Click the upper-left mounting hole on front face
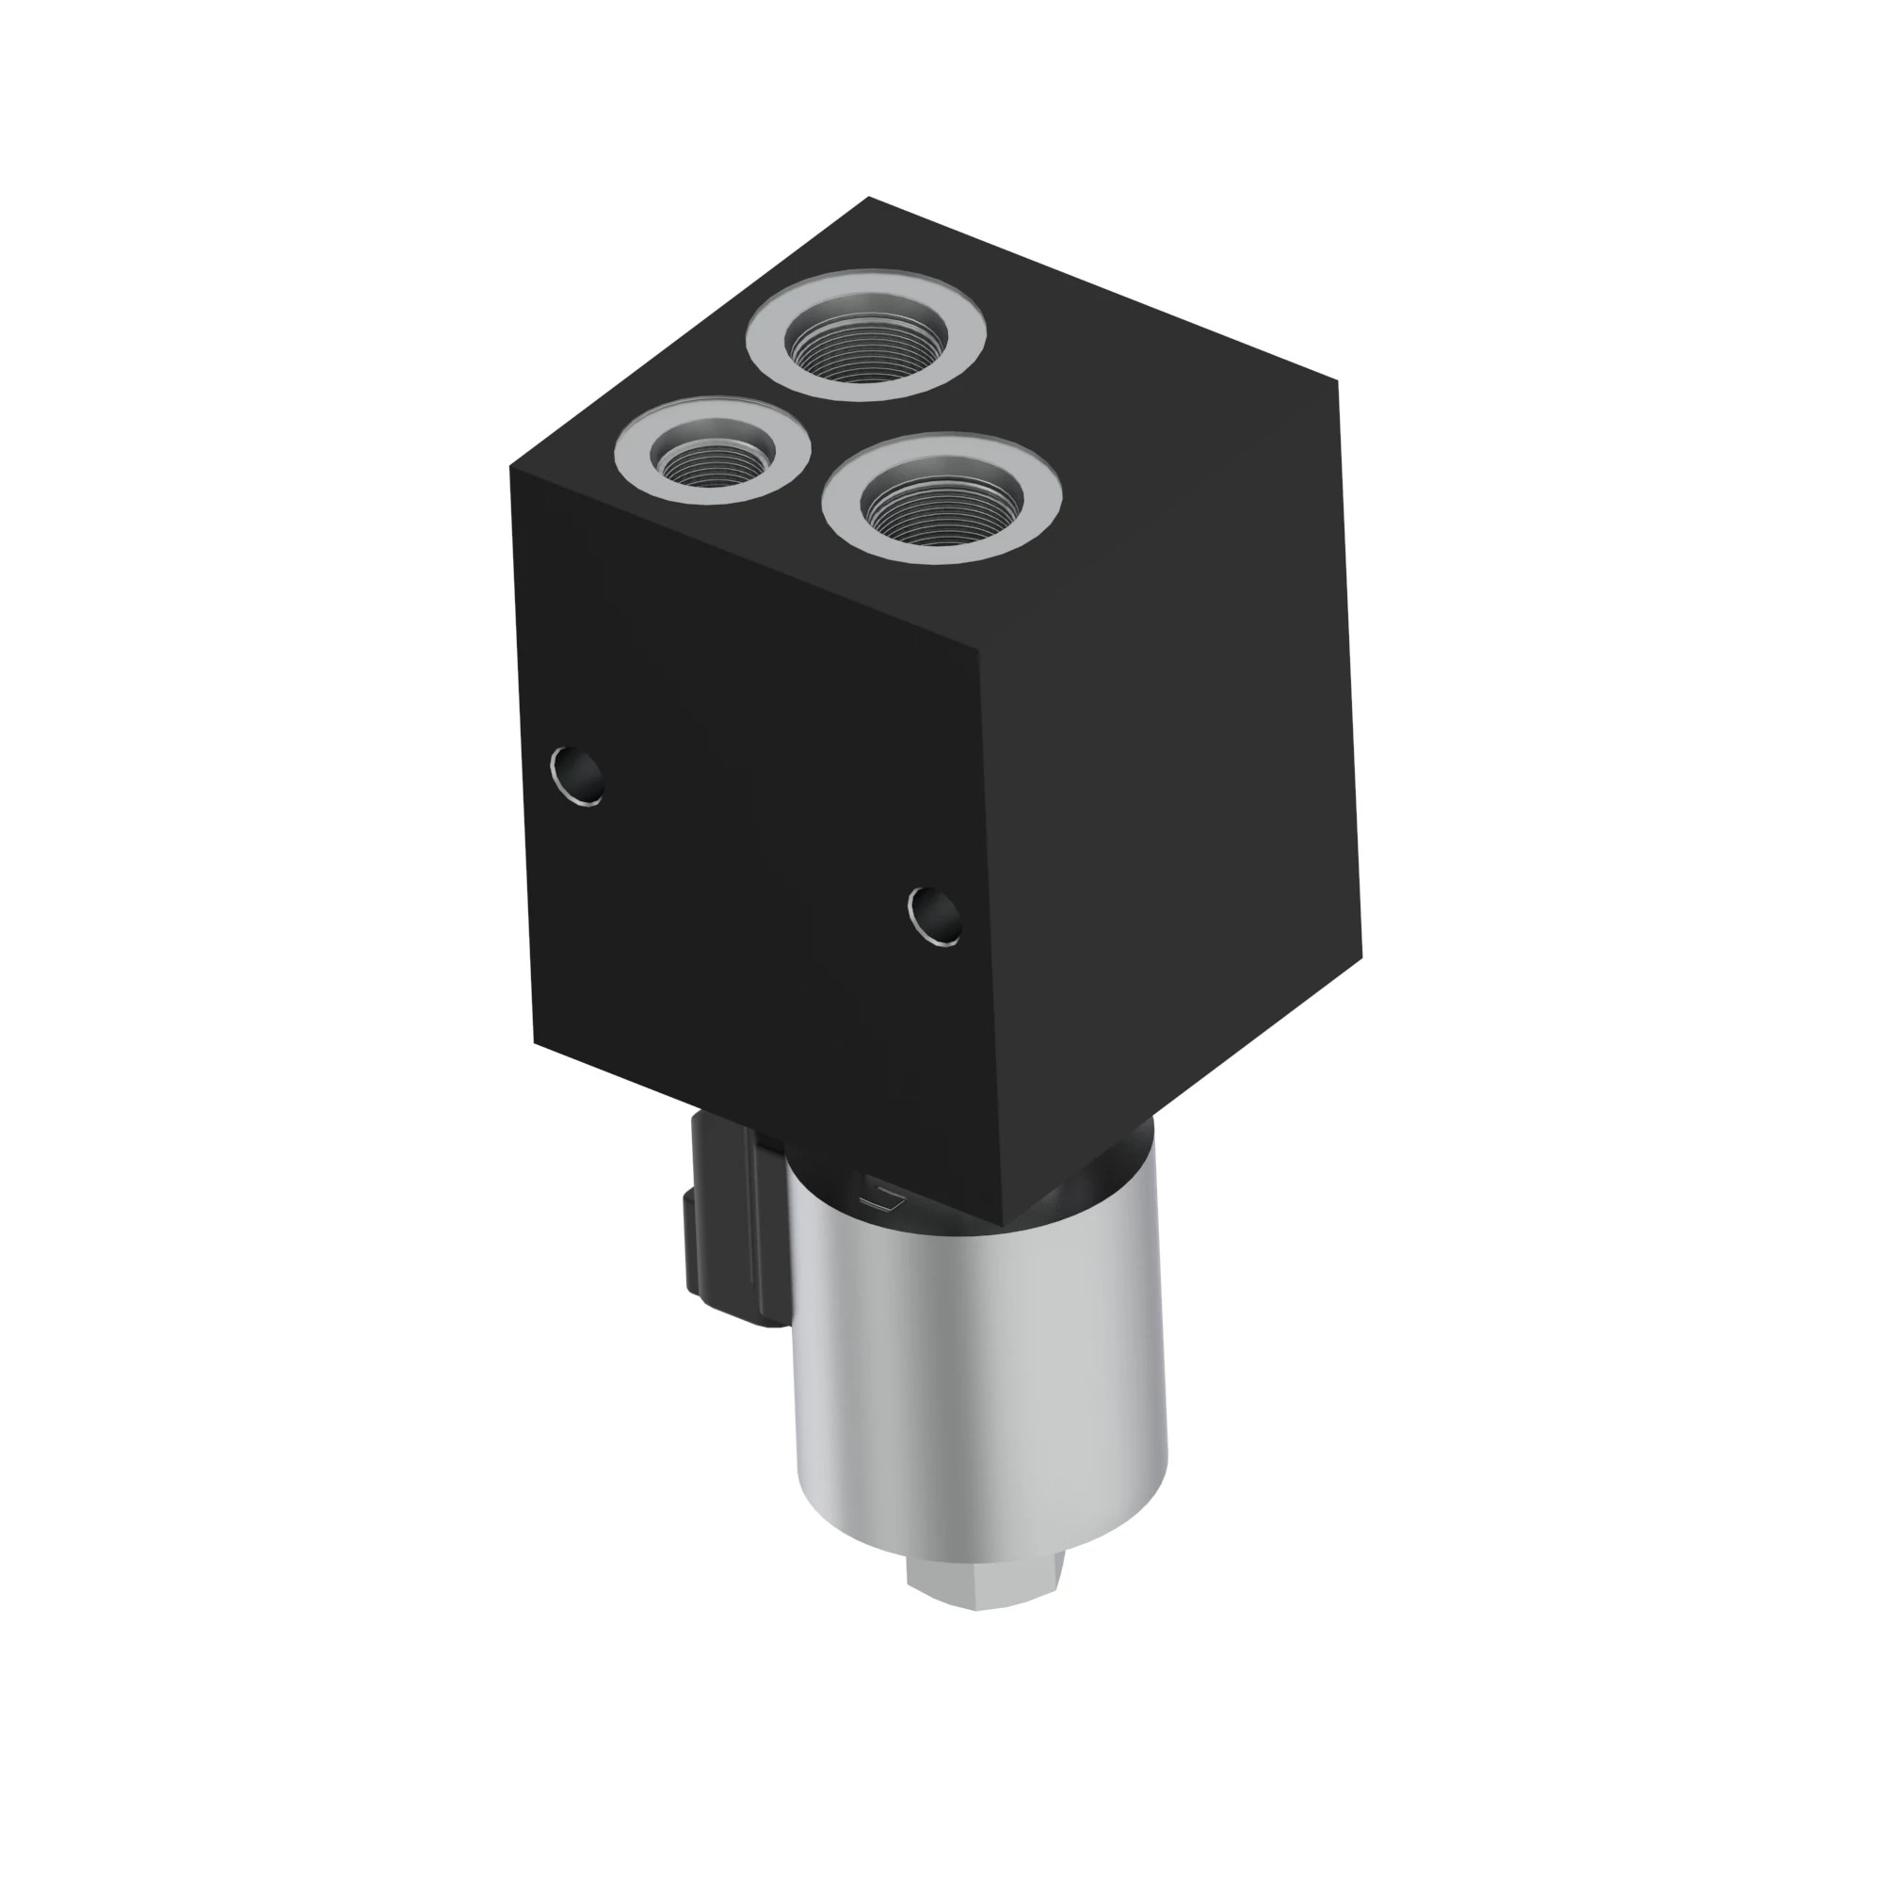(x=577, y=776)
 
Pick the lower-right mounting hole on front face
(x=935, y=916)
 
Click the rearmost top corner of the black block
(x=868, y=198)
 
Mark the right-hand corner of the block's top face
(x=1336, y=381)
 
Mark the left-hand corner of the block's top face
(x=510, y=468)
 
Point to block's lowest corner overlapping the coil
(x=1005, y=1224)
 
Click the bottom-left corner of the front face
(x=534, y=1043)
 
